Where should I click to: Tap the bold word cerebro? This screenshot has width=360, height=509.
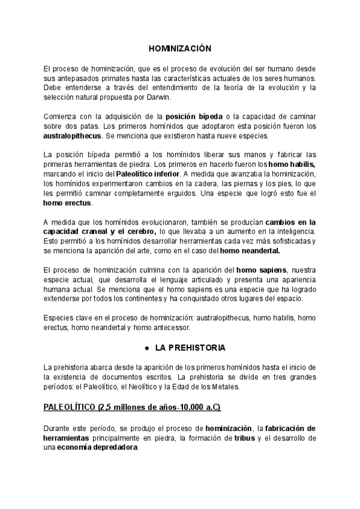coord(137,232)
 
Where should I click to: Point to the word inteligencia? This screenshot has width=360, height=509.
coord(293,232)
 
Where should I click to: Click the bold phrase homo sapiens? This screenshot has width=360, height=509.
coord(262,270)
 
